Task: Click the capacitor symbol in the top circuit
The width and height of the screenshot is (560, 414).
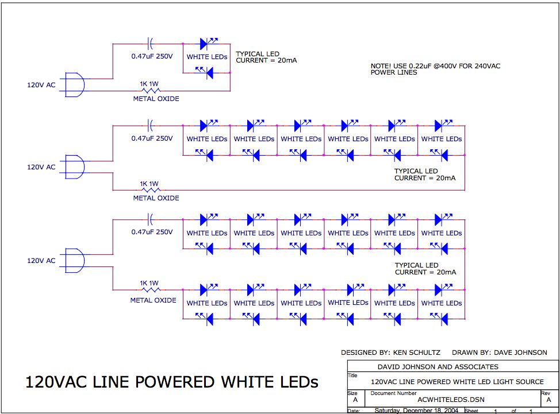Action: [x=150, y=43]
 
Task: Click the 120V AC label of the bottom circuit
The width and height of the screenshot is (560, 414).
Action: [x=41, y=261]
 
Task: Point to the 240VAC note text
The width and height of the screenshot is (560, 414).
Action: [x=435, y=69]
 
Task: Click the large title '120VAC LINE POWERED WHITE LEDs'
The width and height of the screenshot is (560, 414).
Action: [x=171, y=382]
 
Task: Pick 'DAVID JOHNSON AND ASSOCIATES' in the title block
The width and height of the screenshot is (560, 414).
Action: [x=438, y=366]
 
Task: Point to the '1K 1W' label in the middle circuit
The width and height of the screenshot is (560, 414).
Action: [x=149, y=184]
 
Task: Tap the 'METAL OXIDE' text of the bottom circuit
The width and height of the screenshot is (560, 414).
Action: [x=154, y=300]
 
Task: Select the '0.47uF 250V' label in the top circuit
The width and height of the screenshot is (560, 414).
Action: [x=152, y=57]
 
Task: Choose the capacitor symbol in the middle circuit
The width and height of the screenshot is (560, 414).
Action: [x=150, y=125]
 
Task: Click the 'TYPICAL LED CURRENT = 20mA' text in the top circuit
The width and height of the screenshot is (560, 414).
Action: [x=266, y=57]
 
